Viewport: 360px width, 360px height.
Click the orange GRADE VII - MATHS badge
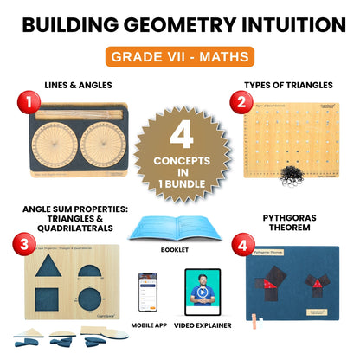click(179, 58)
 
